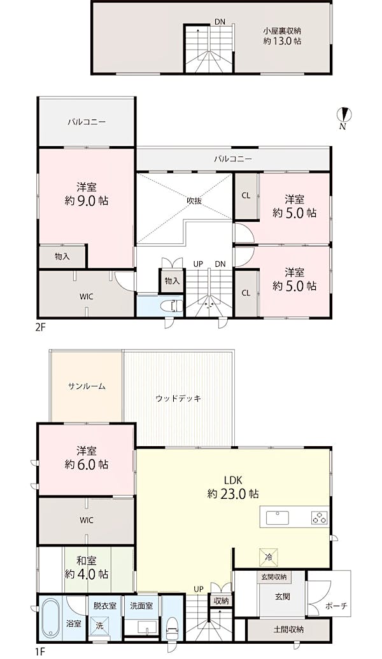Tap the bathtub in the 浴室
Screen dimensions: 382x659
(50, 620)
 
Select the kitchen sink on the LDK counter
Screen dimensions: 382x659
(277, 517)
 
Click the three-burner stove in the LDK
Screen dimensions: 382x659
(320, 517)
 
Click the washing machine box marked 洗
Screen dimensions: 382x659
(99, 625)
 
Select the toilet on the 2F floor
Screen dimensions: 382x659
(174, 304)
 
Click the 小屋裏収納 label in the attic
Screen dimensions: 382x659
(282, 31)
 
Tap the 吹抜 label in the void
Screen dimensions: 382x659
(194, 201)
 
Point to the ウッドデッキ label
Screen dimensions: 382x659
(178, 398)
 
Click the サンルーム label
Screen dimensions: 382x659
(87, 386)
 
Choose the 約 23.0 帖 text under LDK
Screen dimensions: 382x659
(233, 493)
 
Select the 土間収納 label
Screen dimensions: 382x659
(288, 629)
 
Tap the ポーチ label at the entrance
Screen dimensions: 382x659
(336, 606)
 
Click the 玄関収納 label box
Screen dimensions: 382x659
(274, 576)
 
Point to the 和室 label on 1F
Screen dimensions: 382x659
(87, 560)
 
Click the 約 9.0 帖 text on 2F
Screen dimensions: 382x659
(87, 201)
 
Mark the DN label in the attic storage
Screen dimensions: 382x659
(220, 22)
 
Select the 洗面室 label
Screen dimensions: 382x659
(141, 606)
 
